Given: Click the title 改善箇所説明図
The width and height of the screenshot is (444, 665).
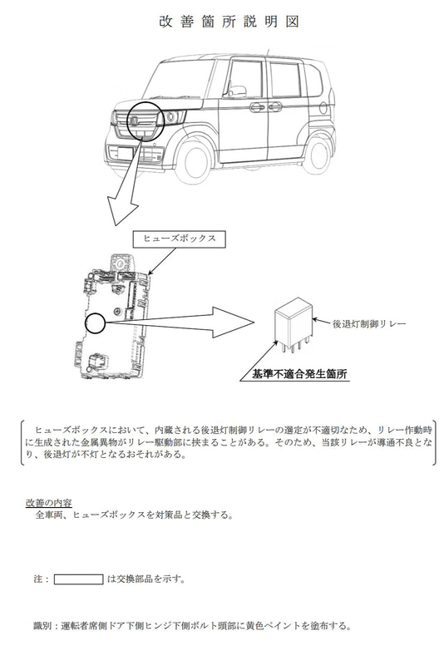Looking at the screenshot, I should (221, 22).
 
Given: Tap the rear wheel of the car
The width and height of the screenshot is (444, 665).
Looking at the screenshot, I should (318, 149).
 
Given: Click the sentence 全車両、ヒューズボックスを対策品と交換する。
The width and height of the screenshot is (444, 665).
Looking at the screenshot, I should (134, 515).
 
